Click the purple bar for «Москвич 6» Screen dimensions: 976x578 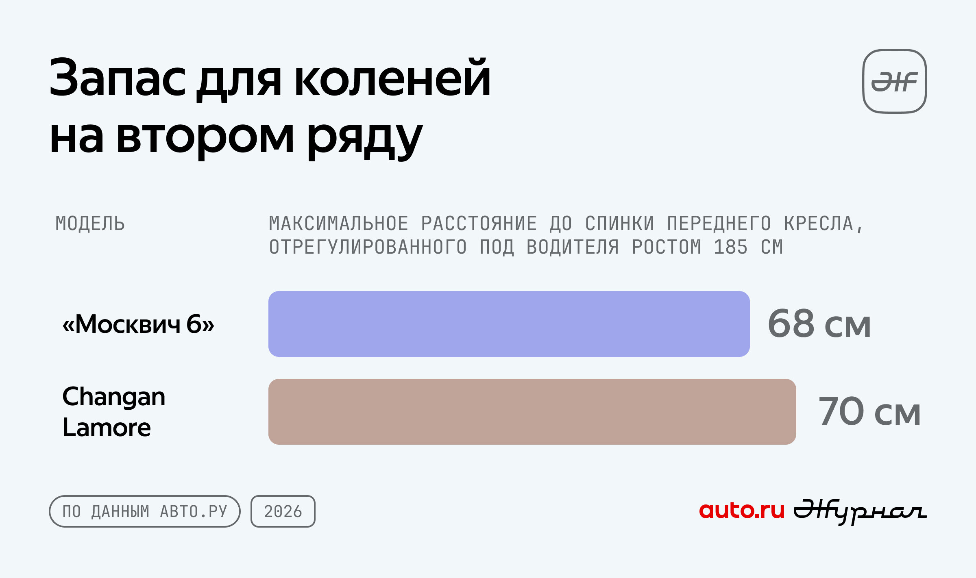point(509,324)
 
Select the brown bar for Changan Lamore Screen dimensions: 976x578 point(532,412)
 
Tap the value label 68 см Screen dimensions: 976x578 point(819,324)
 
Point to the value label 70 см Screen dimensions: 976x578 point(869,411)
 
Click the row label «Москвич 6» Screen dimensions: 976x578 point(138,324)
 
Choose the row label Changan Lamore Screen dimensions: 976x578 point(113,412)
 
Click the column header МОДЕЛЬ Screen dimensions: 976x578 point(90,224)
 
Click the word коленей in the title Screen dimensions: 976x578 point(392,78)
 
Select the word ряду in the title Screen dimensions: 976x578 point(365,139)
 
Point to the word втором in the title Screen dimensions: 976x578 point(205,139)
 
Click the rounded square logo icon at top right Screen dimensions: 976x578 point(895,81)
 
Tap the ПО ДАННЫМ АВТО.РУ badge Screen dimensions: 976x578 point(145,511)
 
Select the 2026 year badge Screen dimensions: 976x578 point(283,511)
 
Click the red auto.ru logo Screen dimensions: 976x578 point(742,511)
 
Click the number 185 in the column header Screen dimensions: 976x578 point(731,247)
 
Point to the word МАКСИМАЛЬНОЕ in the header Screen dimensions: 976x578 point(339,224)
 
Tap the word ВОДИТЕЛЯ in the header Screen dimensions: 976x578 point(573,247)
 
